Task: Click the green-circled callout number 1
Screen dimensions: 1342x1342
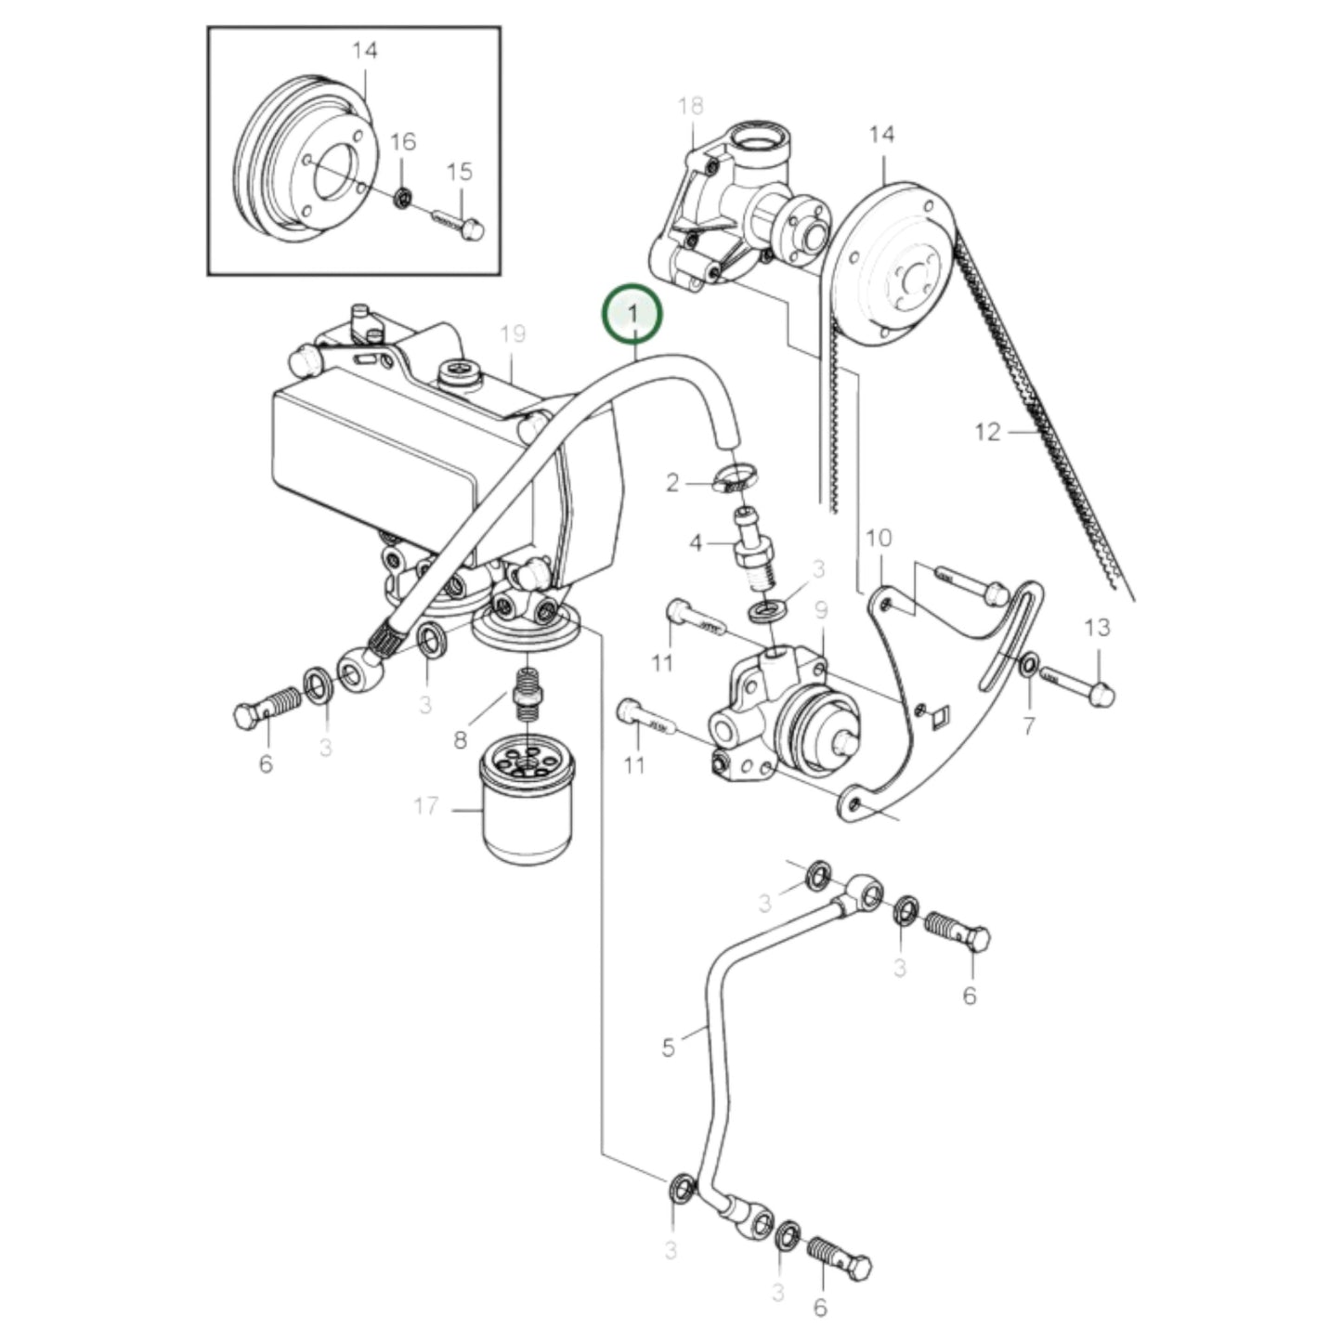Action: (x=633, y=315)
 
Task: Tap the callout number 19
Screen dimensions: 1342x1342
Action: (x=513, y=334)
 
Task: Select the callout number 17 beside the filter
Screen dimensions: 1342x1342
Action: (x=425, y=806)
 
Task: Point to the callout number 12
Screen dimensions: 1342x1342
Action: (x=988, y=432)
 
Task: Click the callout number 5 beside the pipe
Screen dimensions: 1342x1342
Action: (x=668, y=1048)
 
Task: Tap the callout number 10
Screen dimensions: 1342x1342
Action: (x=878, y=538)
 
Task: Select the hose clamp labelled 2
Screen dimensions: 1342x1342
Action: (x=734, y=480)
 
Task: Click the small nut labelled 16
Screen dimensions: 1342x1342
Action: (x=402, y=197)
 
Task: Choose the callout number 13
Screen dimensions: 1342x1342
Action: (x=1096, y=628)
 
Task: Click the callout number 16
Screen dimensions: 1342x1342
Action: (x=402, y=142)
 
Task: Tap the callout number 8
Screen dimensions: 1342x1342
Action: (x=460, y=740)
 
